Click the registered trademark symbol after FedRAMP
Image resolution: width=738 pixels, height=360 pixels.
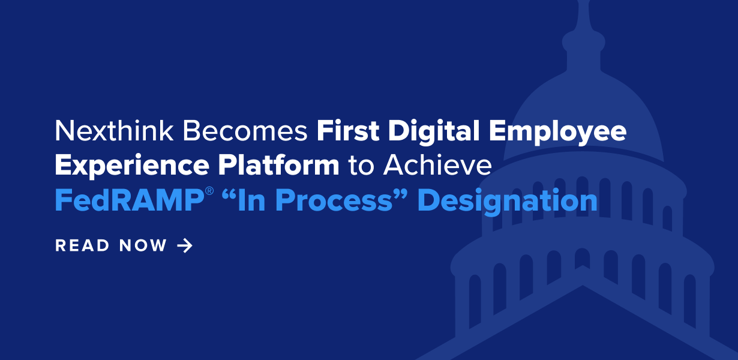pyautogui.click(x=208, y=193)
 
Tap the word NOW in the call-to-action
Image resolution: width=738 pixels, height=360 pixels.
pyautogui.click(x=143, y=245)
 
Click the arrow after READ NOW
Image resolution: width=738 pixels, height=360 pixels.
pyautogui.click(x=185, y=245)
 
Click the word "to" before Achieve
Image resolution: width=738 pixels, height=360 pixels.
pyautogui.click(x=361, y=166)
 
